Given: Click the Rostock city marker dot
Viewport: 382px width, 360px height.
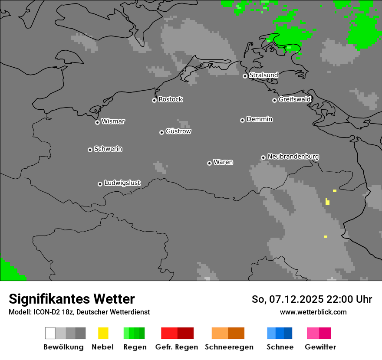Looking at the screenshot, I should pyautogui.click(x=154, y=100).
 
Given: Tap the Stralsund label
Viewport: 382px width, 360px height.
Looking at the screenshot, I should pyautogui.click(x=263, y=75).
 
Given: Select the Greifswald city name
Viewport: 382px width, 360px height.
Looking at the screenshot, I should pyautogui.click(x=294, y=99).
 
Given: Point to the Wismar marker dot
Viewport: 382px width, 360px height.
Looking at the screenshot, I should pyautogui.click(x=97, y=122).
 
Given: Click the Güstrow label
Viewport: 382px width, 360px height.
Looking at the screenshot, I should pyautogui.click(x=178, y=131).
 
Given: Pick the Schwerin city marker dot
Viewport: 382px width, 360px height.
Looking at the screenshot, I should pyautogui.click(x=90, y=150).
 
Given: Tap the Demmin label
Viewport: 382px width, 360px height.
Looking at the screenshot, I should pyautogui.click(x=259, y=119).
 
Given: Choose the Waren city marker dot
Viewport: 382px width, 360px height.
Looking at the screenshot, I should pyautogui.click(x=209, y=163).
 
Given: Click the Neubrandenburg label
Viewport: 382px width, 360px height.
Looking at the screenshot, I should pyautogui.click(x=293, y=156).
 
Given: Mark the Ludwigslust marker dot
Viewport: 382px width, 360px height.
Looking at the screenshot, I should pyautogui.click(x=100, y=184).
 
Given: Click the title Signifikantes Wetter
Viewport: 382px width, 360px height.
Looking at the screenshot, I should pyautogui.click(x=72, y=299).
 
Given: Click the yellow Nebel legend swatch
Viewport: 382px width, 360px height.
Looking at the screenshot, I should pyautogui.click(x=103, y=333).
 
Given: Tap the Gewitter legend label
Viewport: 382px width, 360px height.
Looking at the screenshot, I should pyautogui.click(x=320, y=347).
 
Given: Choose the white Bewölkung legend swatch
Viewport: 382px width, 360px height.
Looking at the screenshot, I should pyautogui.click(x=50, y=333).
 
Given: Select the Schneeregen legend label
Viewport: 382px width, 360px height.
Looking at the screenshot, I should pyautogui.click(x=229, y=347).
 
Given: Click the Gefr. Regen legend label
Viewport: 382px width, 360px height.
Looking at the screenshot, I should pyautogui.click(x=176, y=347).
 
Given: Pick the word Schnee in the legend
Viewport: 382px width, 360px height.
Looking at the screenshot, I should pyautogui.click(x=280, y=347).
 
